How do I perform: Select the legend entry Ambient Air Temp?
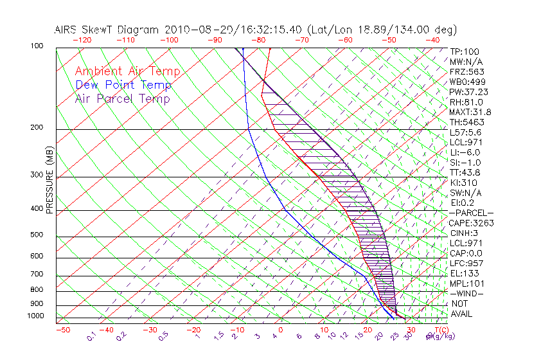tap(127, 71)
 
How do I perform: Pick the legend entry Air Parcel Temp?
tap(122, 98)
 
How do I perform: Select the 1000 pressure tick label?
tap(36, 316)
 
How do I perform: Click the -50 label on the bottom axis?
tap(62, 330)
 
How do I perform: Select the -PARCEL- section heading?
tap(471, 213)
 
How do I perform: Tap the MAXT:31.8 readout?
tap(469, 112)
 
